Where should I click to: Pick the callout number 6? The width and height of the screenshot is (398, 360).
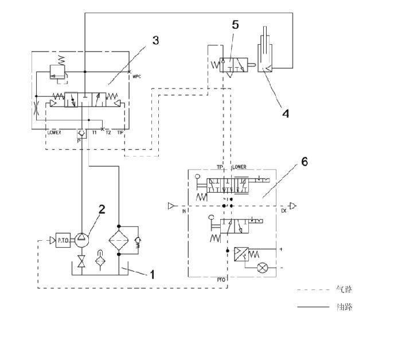pos(304,162)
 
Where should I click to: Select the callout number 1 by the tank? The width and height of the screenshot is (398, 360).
pos(152,275)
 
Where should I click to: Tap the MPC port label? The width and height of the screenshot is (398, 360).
pos(136,76)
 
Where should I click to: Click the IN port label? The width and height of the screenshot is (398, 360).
pos(185,211)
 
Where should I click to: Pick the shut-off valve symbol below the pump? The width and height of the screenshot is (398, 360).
pos(82,267)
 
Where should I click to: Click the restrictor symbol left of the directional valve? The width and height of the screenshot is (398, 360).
pos(37,106)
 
